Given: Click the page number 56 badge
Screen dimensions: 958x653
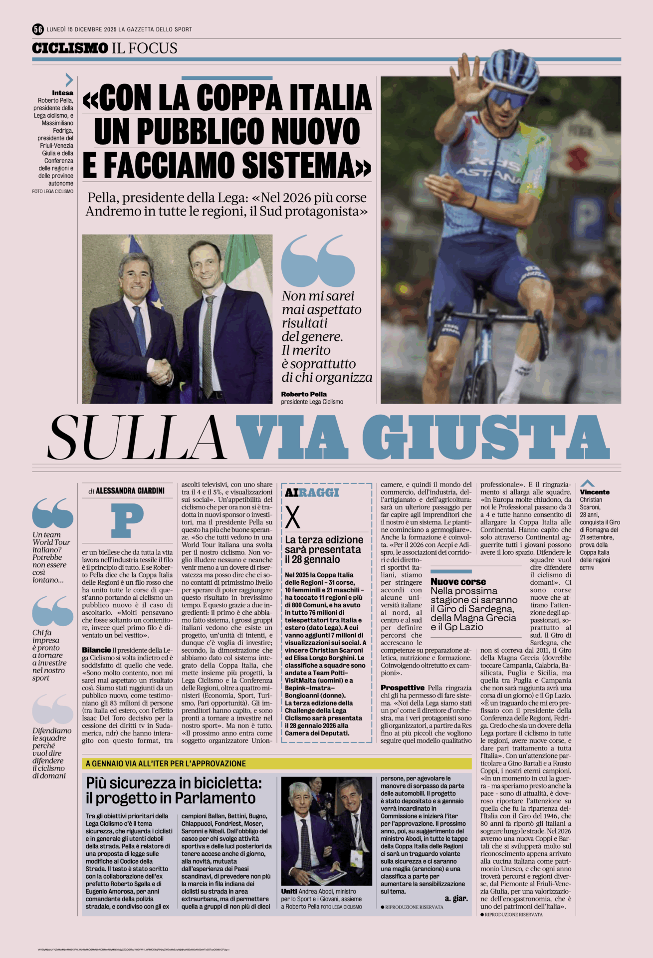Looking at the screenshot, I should (x=38, y=29).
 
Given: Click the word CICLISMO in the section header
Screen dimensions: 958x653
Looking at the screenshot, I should (x=70, y=48).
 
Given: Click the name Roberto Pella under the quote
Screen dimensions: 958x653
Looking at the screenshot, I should (x=303, y=394).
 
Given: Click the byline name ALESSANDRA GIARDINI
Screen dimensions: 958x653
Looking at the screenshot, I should (x=130, y=491).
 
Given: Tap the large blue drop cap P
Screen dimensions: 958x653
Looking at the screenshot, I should (x=127, y=520).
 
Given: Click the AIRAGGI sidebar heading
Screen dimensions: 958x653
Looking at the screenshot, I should (x=312, y=492).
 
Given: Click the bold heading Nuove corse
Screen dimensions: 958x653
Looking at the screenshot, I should (x=458, y=582).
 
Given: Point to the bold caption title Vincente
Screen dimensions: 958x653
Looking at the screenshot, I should (x=595, y=492).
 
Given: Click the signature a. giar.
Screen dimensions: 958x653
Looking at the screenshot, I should (x=456, y=899).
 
